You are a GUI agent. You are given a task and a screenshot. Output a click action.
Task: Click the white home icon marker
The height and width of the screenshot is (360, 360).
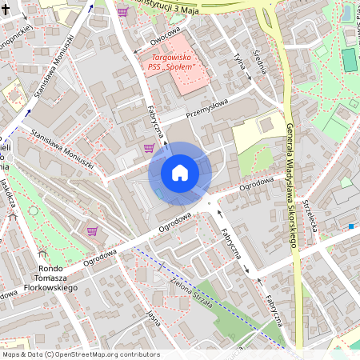180,173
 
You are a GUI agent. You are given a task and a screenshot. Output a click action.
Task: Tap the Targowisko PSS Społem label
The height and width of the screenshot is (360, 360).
176,62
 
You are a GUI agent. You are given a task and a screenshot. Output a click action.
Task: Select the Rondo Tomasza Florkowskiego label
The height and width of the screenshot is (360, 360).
50,277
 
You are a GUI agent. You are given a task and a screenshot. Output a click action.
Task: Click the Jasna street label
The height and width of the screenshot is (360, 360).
154,318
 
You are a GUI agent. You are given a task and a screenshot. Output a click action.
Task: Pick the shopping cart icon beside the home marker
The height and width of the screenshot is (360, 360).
149,147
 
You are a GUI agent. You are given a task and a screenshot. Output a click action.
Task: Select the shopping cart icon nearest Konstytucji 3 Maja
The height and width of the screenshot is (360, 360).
122,12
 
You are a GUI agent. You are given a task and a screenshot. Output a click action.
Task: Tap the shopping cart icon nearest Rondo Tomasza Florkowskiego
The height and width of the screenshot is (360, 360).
92,231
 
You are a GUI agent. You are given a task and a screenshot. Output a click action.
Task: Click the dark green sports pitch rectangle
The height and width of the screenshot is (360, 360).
348,59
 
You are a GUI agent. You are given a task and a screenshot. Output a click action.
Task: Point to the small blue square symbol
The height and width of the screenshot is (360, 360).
350,226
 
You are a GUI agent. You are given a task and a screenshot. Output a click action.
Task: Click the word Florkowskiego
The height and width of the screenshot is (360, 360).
50,286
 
